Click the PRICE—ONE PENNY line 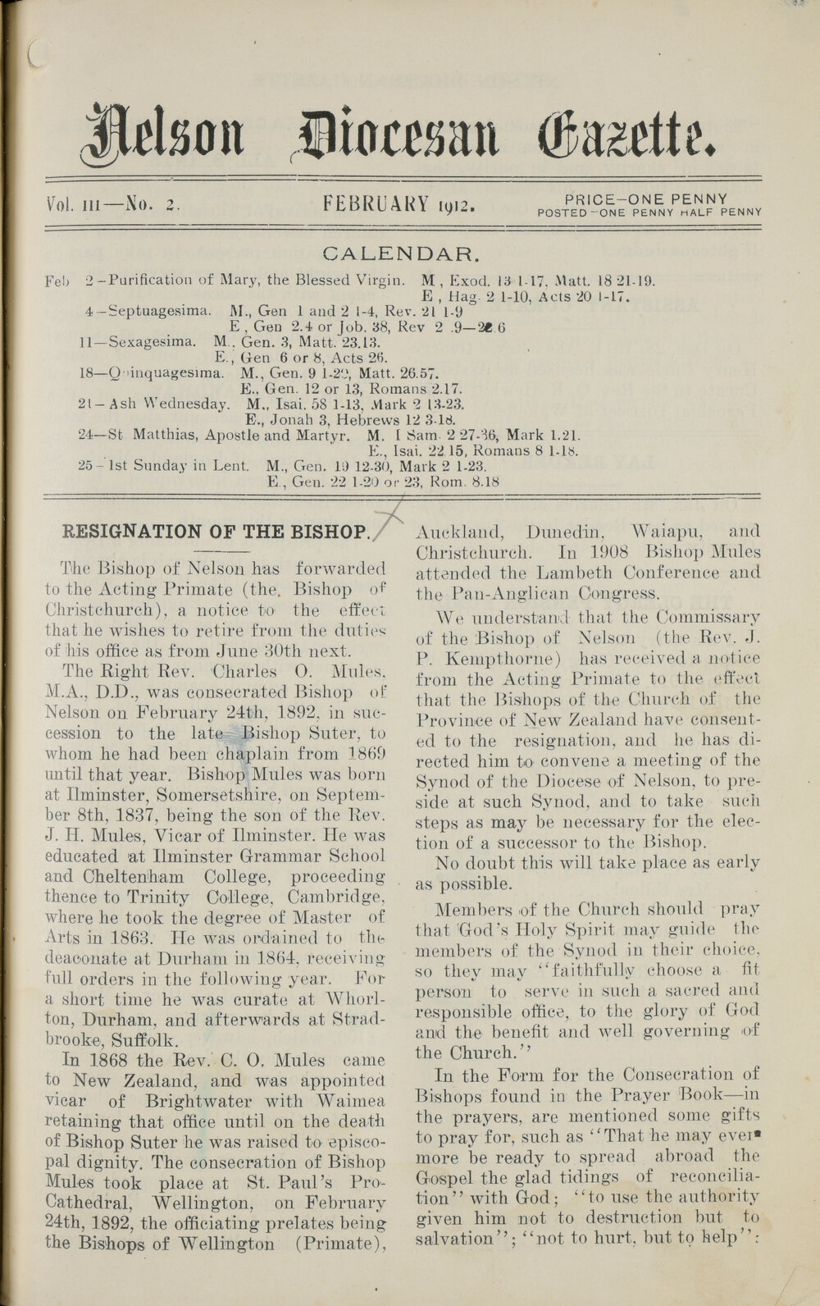(x=647, y=199)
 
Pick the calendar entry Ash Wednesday (x=175, y=404)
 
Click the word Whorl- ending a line (x=350, y=999)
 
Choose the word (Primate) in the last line (x=342, y=1244)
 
